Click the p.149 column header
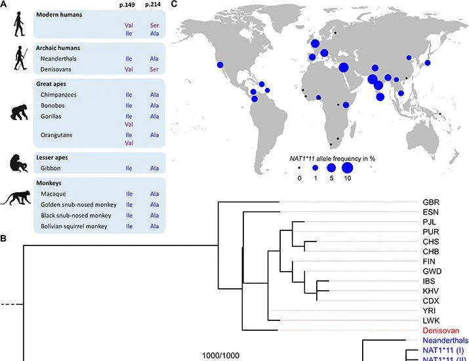coord(127,5)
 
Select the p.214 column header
coord(153,5)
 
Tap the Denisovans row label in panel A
coord(56,69)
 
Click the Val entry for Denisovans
coord(129,69)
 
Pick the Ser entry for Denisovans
coord(154,69)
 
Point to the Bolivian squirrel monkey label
coord(74,226)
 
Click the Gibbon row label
coord(51,168)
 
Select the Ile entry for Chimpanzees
coord(129,95)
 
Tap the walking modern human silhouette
coord(19,24)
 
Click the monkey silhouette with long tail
coord(16,198)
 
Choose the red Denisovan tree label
coord(441,330)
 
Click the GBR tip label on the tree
coord(431,202)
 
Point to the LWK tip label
coord(431,320)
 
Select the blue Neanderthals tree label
coord(445,341)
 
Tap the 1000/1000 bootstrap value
coord(221,356)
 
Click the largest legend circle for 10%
coord(347,168)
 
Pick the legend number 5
coord(331,179)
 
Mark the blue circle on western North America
coord(220,65)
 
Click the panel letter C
coord(174,4)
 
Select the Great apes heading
coord(51,84)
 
